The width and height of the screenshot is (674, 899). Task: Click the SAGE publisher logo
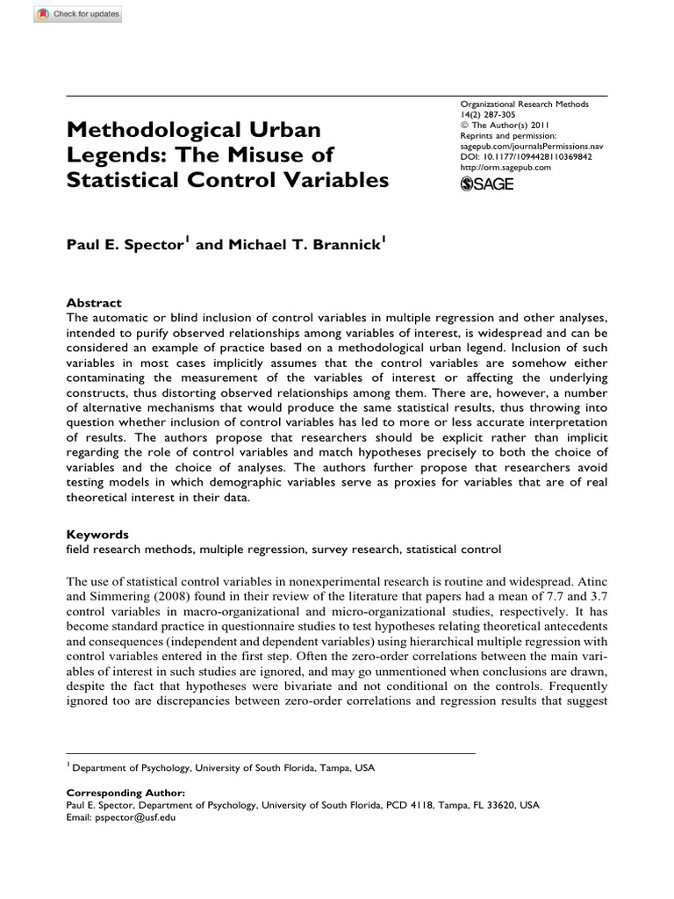(487, 183)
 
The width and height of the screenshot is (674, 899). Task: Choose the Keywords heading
(97, 534)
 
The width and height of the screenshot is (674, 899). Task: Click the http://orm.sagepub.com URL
(505, 167)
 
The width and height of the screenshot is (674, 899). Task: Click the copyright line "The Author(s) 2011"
(506, 126)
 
